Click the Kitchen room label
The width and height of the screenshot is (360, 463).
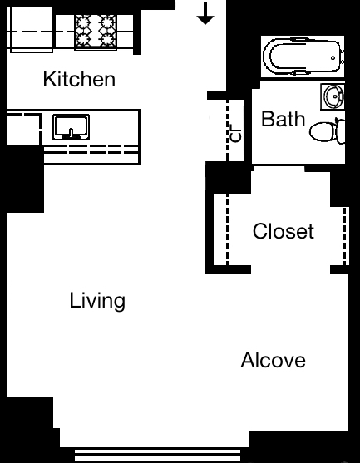point(79,80)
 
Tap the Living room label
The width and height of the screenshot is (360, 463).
point(97,300)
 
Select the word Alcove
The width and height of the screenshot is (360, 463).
point(273,361)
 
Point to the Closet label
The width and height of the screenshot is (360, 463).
point(284,231)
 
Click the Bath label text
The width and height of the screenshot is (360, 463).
point(283,119)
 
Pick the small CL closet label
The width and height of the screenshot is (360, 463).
point(237,133)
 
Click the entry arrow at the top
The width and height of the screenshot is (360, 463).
point(206,13)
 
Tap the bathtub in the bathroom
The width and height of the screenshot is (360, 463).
point(302,57)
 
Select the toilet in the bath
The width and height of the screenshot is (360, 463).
point(326,131)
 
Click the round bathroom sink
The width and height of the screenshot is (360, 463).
point(333,97)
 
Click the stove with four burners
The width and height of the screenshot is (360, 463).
point(95,32)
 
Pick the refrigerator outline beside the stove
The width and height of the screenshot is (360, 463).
point(30,32)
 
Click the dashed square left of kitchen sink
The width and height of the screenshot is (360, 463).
point(23,131)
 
